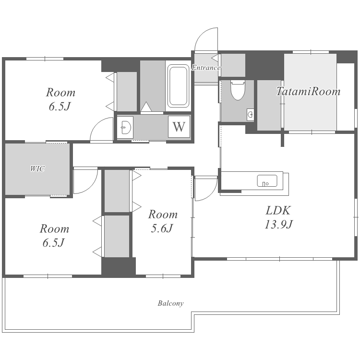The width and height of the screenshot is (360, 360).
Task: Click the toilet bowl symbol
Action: [238, 90]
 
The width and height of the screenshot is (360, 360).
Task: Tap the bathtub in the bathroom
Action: [178, 86]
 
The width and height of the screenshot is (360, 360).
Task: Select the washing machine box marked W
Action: [179, 127]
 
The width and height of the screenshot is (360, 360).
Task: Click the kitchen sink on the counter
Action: [267, 180]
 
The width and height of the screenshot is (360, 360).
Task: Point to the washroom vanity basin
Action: [125, 127]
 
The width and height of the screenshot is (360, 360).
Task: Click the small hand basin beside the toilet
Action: [250, 114]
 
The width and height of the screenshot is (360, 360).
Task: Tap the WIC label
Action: [37, 169]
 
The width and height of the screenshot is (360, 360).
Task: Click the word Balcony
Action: [170, 303]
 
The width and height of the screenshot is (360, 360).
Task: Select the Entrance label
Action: [206, 68]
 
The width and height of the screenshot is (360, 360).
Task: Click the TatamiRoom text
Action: [308, 91]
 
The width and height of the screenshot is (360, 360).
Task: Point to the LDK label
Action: [278, 210]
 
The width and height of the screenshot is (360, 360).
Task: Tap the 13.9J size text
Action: [278, 224]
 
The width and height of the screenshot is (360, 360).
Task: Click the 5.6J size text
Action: [162, 228]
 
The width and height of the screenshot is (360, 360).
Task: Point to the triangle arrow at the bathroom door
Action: [146, 107]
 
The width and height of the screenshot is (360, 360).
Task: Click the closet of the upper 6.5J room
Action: [127, 92]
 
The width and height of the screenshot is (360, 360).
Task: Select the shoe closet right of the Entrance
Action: [233, 65]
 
